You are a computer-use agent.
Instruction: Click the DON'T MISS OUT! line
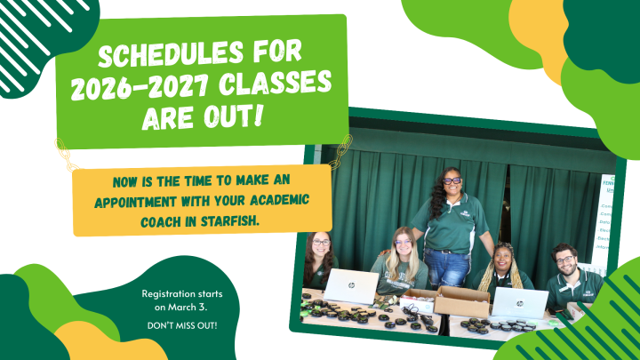pos(182,325)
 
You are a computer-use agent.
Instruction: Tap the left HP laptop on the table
pos(351,286)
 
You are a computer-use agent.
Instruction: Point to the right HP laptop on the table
pos(520,302)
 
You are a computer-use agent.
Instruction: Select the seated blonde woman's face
pos(403,243)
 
